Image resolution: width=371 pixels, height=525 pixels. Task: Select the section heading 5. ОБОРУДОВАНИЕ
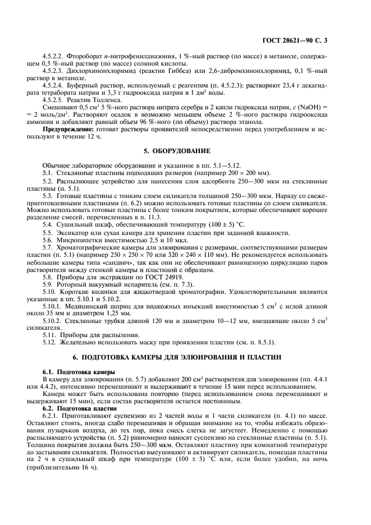tap(185, 151)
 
